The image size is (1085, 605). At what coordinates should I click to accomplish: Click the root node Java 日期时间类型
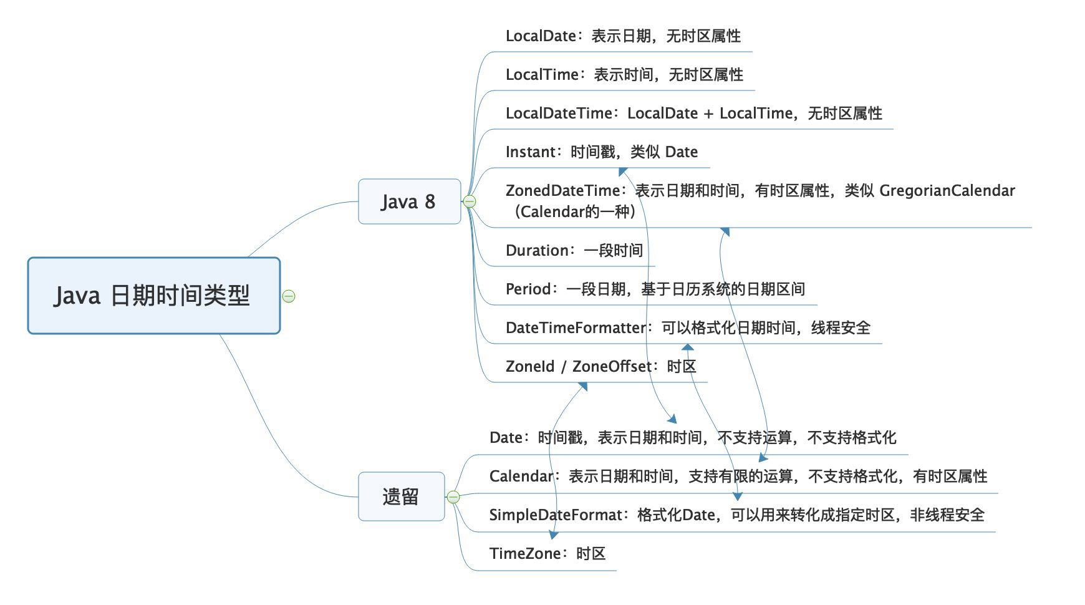point(154,296)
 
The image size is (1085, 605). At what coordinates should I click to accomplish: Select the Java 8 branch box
point(409,201)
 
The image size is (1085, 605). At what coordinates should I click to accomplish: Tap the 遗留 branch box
point(401,496)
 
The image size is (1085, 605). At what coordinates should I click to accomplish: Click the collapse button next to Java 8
point(470,201)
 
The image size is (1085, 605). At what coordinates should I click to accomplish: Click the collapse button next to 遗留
point(453,497)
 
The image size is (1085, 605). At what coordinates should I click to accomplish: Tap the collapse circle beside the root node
point(289,296)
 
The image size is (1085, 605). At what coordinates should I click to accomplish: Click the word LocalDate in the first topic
point(541,36)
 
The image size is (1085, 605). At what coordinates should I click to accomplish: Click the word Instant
point(530,152)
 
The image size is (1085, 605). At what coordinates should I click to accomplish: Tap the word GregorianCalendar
point(947,191)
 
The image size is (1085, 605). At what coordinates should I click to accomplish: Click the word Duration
point(537,251)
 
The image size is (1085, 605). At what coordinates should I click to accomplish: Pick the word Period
point(528,289)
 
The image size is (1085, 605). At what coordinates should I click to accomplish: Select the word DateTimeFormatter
point(576,328)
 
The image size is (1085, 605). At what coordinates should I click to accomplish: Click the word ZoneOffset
point(612,367)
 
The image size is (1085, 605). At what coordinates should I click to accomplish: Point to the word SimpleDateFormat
point(556,515)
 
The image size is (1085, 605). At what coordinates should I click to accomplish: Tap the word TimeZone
point(525,554)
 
